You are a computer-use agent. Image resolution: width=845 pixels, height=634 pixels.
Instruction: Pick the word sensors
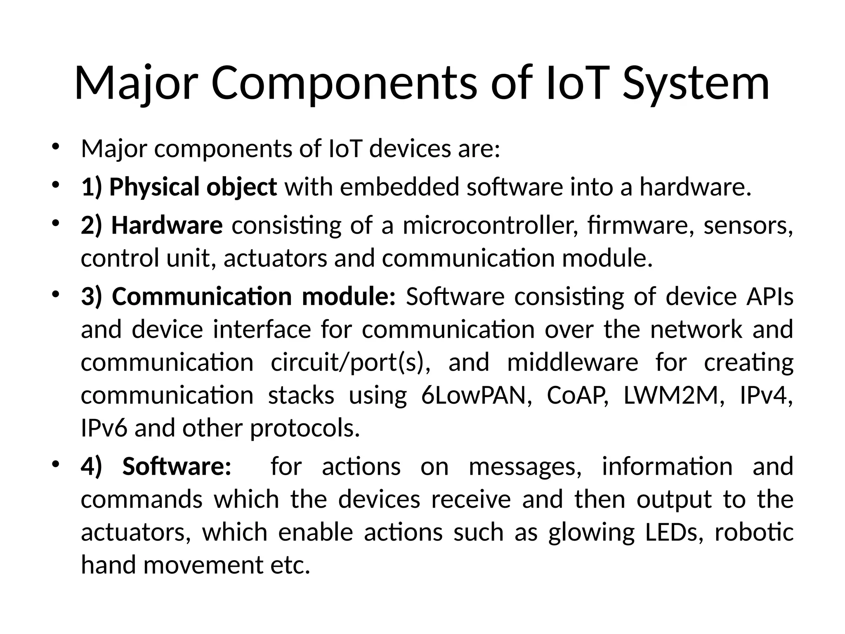click(x=748, y=226)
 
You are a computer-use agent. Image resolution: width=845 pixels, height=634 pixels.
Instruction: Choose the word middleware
click(x=573, y=362)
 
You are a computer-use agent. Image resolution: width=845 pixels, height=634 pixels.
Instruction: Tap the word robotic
click(x=754, y=532)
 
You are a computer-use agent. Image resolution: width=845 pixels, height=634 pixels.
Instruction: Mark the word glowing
click(x=591, y=533)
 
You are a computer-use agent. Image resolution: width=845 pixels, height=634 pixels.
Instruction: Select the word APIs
click(x=769, y=296)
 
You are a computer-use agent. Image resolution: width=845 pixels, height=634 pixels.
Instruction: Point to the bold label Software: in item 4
click(x=177, y=466)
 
